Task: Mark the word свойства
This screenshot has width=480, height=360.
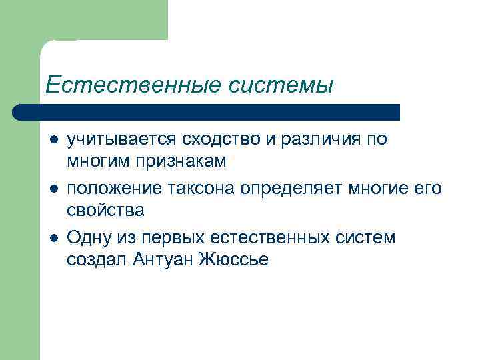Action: coord(105,210)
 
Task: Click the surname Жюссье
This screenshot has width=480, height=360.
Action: coord(233,260)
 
